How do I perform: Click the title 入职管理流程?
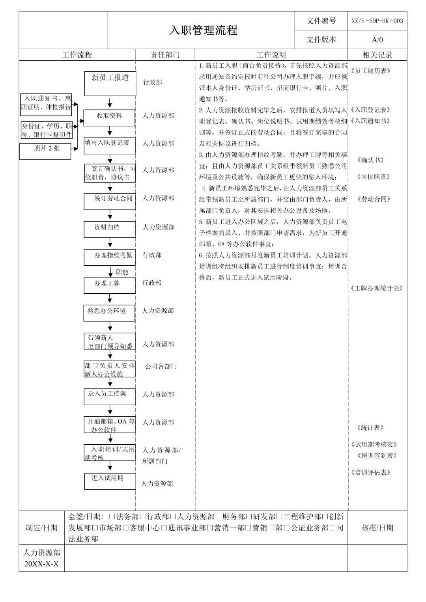click(x=203, y=30)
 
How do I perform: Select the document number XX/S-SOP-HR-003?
click(x=377, y=21)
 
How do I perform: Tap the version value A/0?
click(x=377, y=39)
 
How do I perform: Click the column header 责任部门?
click(x=165, y=55)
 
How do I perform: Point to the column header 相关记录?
click(x=377, y=55)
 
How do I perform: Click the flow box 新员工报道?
click(x=110, y=83)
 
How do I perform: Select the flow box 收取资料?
click(x=109, y=117)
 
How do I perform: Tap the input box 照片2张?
click(x=45, y=151)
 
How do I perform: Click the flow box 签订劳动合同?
click(x=109, y=201)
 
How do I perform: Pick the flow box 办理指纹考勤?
click(x=109, y=257)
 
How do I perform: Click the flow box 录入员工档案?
click(x=109, y=396)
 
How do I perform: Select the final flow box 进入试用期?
click(x=110, y=481)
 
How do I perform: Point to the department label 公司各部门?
click(x=161, y=366)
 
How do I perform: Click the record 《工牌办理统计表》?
click(x=377, y=288)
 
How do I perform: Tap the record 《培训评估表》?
click(x=370, y=472)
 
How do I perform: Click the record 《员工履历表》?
click(x=370, y=71)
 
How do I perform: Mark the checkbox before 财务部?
click(x=219, y=516)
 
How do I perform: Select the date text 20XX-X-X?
click(x=41, y=564)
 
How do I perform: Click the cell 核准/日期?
click(x=377, y=527)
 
